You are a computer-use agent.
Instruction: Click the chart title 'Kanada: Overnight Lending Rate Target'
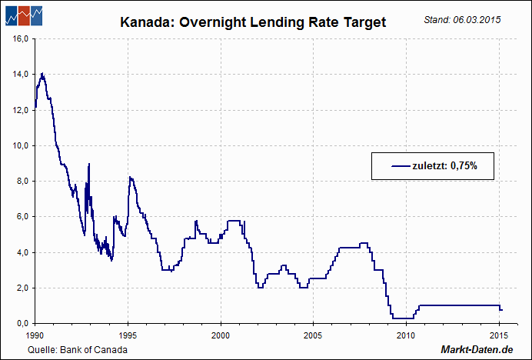point(253,23)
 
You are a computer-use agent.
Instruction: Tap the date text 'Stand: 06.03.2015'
point(462,18)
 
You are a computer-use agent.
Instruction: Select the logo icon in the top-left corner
point(22,15)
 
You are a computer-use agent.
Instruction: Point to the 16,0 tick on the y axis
point(21,38)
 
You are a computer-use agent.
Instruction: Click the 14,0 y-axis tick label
point(21,74)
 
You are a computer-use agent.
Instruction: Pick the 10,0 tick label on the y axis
point(21,145)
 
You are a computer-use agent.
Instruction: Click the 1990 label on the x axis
point(35,335)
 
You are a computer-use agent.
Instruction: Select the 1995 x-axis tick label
point(128,335)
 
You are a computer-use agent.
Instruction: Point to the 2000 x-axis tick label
point(221,335)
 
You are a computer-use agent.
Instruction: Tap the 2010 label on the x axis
point(406,335)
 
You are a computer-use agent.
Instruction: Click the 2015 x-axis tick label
point(498,335)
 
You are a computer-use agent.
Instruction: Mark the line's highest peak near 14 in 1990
point(42,74)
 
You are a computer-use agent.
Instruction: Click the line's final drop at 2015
point(500,308)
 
